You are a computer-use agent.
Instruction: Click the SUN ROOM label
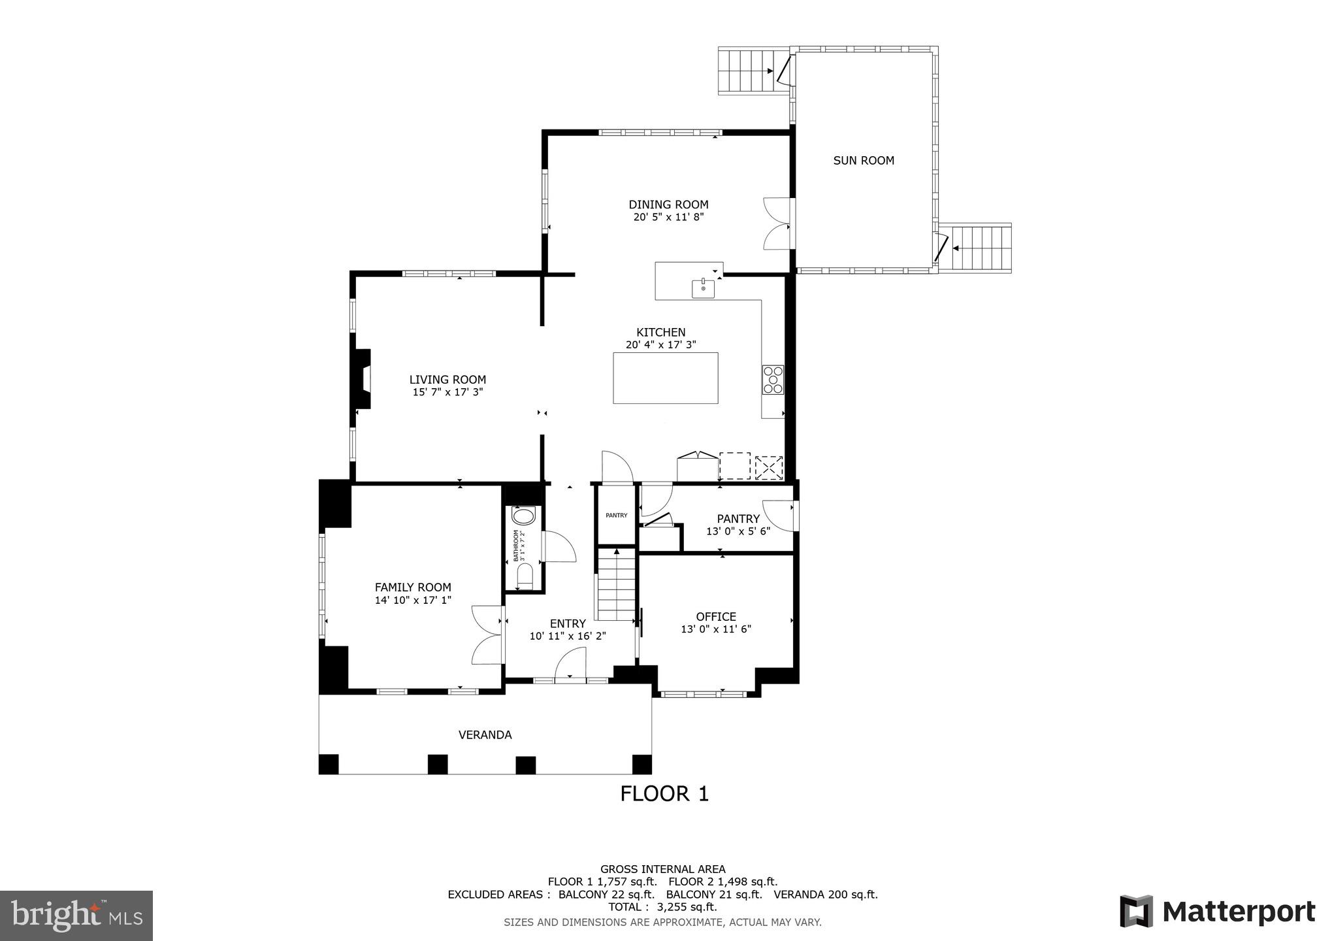point(863,161)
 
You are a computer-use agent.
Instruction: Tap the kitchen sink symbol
point(703,288)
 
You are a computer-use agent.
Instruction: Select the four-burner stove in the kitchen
point(773,380)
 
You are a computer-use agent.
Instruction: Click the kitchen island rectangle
point(665,378)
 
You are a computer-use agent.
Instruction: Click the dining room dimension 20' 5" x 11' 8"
point(668,217)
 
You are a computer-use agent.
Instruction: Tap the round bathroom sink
point(523,517)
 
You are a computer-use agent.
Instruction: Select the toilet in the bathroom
point(525,577)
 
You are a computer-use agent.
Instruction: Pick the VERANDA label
point(485,735)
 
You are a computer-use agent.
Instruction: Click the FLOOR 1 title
point(664,794)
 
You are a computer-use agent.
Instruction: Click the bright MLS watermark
point(76,915)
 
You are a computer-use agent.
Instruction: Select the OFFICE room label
point(716,617)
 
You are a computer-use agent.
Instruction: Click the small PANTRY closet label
point(616,516)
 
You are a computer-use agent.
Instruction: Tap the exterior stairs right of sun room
point(982,248)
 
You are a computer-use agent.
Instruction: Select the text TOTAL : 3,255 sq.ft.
point(662,907)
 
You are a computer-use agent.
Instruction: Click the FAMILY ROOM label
point(413,587)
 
